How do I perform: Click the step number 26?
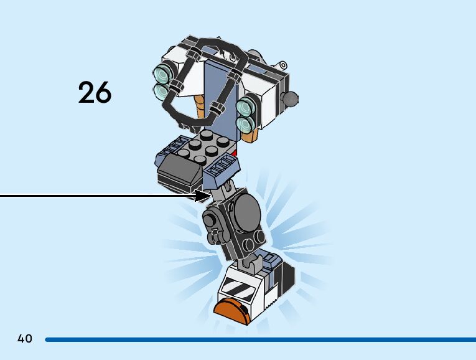click(95, 93)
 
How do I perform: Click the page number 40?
click(25, 339)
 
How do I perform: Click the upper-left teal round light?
click(163, 75)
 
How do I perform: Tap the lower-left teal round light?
click(162, 92)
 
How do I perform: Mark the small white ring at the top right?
click(283, 64)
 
